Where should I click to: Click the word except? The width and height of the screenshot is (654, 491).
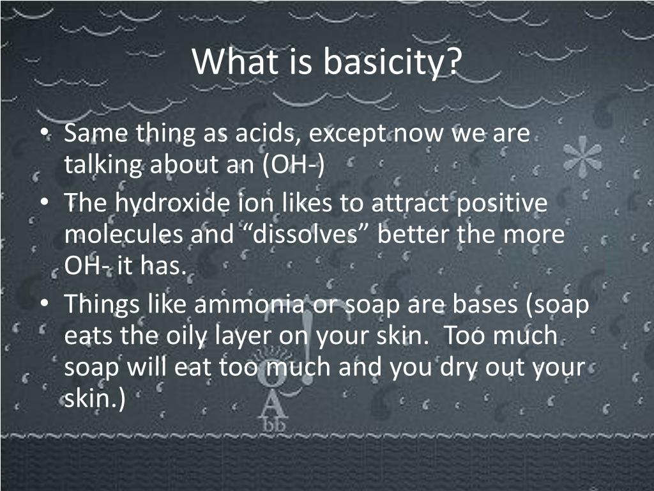pyautogui.click(x=347, y=134)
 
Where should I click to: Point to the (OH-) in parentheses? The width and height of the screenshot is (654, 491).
pyautogui.click(x=294, y=165)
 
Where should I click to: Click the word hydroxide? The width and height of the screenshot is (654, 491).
pyautogui.click(x=172, y=203)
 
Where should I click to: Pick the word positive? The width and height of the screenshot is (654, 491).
pyautogui.click(x=502, y=203)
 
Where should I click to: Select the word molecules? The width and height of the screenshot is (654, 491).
pyautogui.click(x=123, y=234)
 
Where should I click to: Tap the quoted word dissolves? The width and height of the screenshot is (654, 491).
pyautogui.click(x=305, y=234)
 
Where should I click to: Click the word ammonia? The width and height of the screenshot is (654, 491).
pyautogui.click(x=250, y=304)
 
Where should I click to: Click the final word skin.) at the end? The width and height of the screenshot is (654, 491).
pyautogui.click(x=95, y=399)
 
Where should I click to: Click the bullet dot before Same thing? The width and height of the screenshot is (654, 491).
pyautogui.click(x=44, y=133)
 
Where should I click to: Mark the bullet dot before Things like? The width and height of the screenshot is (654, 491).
pyautogui.click(x=44, y=304)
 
